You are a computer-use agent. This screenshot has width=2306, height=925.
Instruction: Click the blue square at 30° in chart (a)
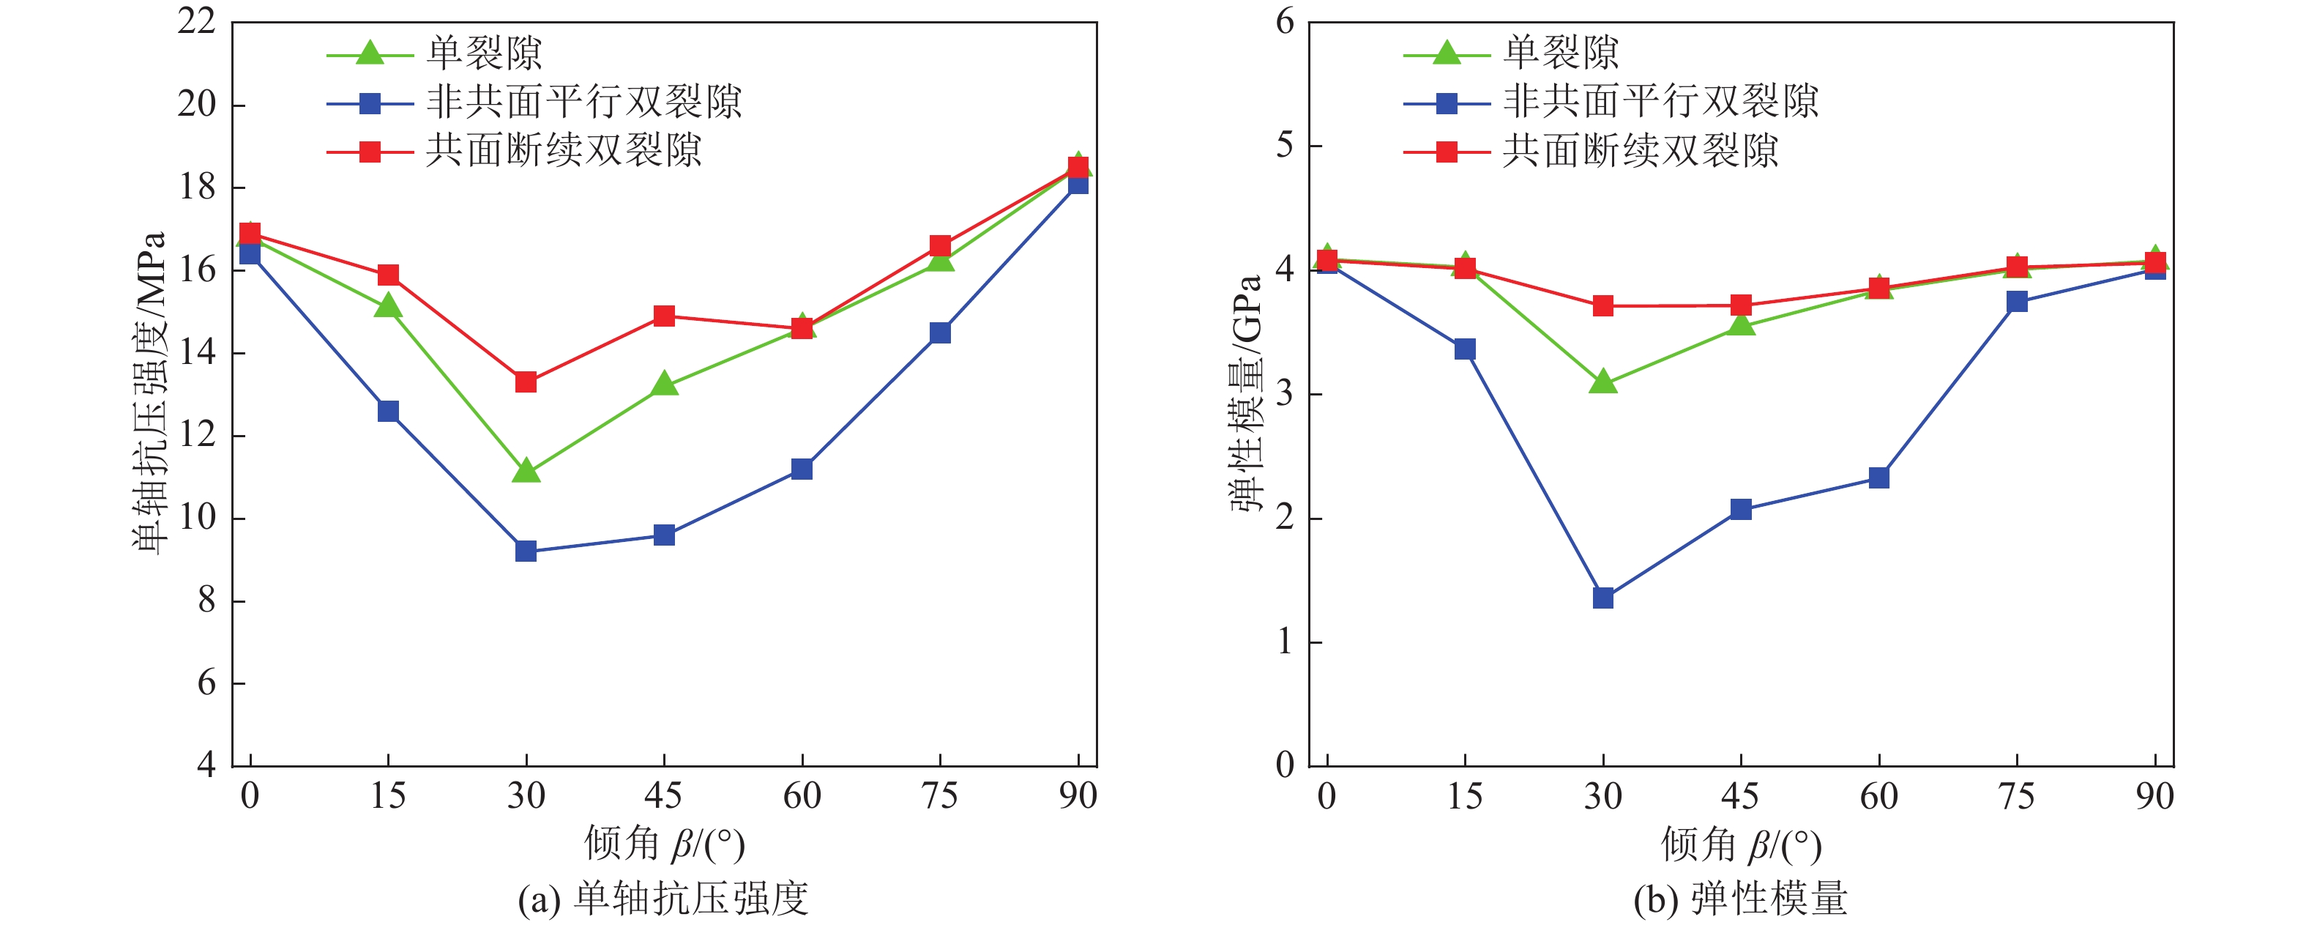coord(526,551)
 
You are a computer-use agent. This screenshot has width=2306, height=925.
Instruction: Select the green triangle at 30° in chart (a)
coord(526,471)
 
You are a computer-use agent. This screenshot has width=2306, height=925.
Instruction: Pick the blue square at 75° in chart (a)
coord(940,333)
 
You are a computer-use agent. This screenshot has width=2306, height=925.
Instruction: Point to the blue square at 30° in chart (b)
coord(1603,598)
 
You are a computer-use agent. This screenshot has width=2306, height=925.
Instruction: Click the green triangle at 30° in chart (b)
coord(1603,383)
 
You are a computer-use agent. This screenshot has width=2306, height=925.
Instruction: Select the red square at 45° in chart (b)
coord(1741,305)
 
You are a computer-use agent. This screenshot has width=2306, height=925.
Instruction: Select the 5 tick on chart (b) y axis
coord(1286,145)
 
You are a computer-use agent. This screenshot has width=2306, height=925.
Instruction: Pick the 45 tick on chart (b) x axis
coord(1741,795)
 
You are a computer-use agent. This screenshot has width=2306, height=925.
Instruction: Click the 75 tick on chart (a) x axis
coord(940,795)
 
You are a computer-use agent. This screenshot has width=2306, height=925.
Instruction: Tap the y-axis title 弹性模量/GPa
coord(1246,394)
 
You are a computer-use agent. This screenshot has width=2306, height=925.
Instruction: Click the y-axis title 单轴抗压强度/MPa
coord(149,394)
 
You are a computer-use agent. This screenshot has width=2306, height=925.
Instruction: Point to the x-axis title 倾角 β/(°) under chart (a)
coord(664,844)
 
